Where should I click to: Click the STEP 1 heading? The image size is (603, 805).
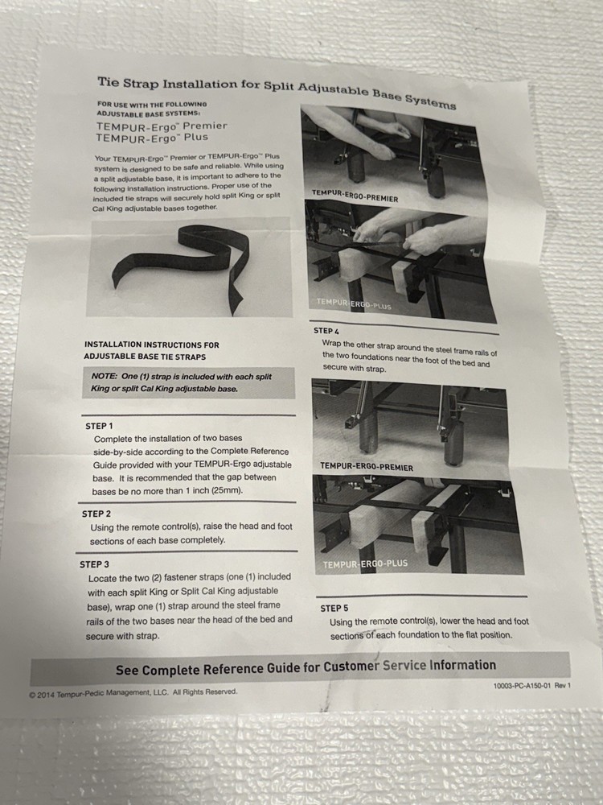click(99, 425)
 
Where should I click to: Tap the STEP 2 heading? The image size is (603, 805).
click(96, 514)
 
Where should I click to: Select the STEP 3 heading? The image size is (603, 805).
click(94, 564)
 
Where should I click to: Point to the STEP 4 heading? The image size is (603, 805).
click(326, 331)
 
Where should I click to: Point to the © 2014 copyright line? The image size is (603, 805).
click(133, 692)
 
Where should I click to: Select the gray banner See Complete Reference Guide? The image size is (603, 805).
click(306, 667)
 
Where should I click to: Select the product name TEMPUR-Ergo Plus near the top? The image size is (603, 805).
click(151, 138)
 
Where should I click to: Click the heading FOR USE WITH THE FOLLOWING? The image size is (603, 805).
click(152, 105)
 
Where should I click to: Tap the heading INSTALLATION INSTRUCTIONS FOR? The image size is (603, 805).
click(151, 345)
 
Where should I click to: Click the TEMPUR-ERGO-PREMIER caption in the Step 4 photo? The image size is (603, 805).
click(366, 467)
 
